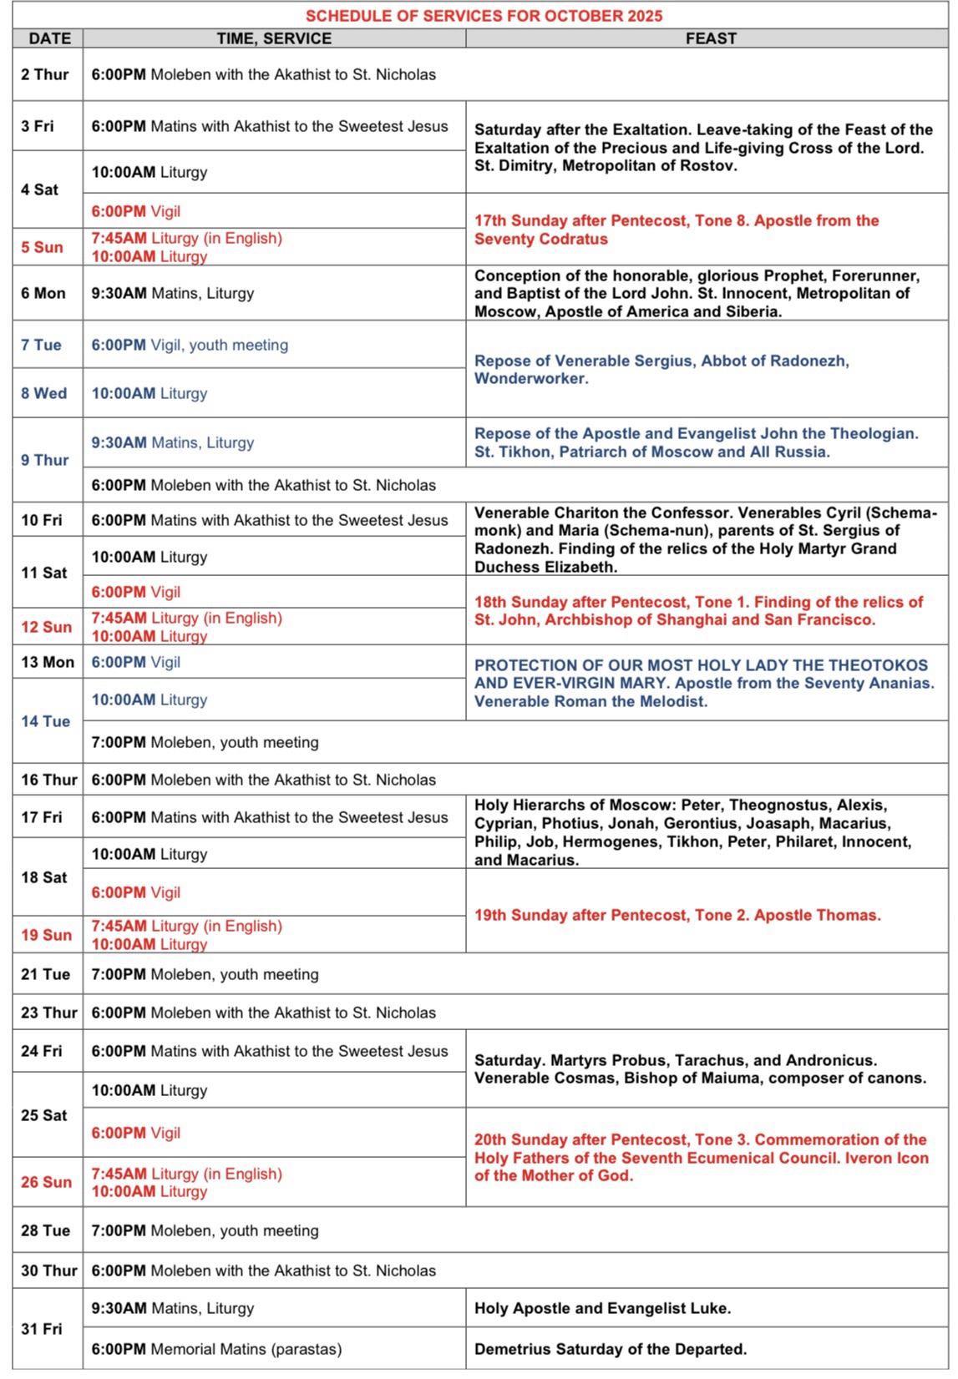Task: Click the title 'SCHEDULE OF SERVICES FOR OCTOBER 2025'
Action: [x=484, y=16]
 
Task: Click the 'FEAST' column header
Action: [x=711, y=38]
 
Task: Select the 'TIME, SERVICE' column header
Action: [x=274, y=38]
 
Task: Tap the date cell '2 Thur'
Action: [x=45, y=74]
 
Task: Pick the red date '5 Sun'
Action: [x=42, y=247]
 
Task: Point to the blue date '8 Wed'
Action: [x=44, y=393]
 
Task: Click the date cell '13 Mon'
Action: [x=48, y=662]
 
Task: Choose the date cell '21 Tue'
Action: [x=46, y=974]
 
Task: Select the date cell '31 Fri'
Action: [x=42, y=1328]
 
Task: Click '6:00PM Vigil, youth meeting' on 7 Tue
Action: [x=190, y=345]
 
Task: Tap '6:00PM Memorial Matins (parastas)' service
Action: [x=216, y=1349]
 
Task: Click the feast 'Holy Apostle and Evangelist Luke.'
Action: [x=602, y=1308]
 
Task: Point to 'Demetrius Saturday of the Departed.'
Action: [x=611, y=1349]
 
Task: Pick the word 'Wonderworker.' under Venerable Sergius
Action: [x=531, y=378]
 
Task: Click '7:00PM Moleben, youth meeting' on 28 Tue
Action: [x=205, y=1230]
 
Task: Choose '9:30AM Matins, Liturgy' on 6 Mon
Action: [x=173, y=293]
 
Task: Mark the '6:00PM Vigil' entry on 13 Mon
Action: [x=136, y=662]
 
